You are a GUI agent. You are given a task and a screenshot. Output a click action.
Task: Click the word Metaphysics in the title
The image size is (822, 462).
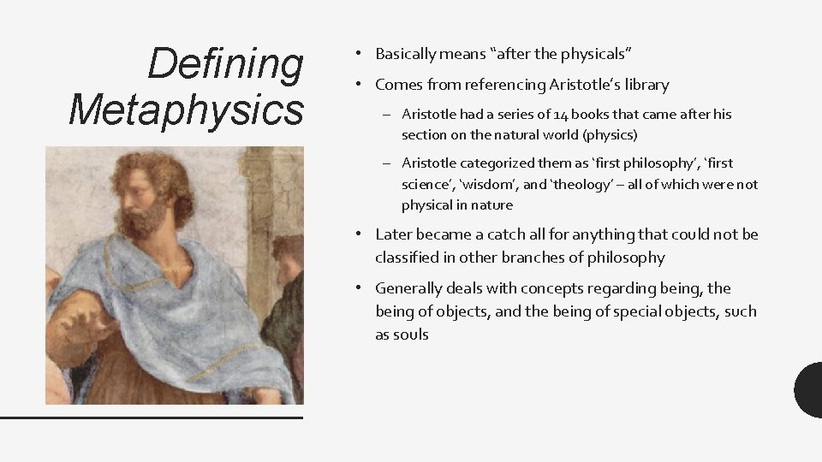click(187, 110)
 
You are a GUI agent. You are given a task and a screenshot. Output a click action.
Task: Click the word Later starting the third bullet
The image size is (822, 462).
click(393, 234)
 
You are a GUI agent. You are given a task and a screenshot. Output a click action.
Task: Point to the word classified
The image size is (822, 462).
click(407, 257)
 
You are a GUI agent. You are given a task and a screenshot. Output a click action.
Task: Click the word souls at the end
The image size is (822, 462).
click(410, 335)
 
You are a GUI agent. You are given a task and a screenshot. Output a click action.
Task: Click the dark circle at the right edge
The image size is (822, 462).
click(810, 389)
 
